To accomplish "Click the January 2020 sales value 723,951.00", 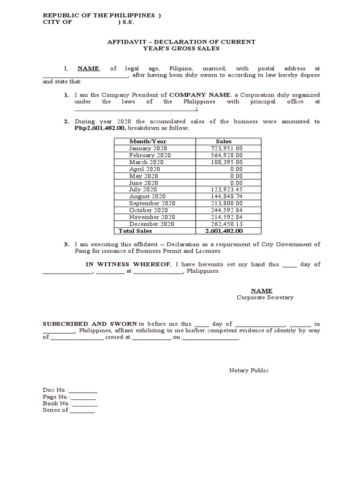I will pyautogui.click(x=226, y=148).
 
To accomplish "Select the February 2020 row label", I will pyautogui.click(x=149, y=155).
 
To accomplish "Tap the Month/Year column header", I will pyautogui.click(x=147, y=141).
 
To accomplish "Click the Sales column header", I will pyautogui.click(x=224, y=141).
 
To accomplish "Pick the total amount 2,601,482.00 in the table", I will pyautogui.click(x=224, y=231).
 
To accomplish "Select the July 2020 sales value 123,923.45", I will pyautogui.click(x=226, y=190).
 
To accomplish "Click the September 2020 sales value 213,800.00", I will pyautogui.click(x=226, y=203).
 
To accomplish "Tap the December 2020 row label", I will pyautogui.click(x=151, y=224).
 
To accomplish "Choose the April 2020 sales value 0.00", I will pyautogui.click(x=236, y=169).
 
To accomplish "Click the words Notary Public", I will pyautogui.click(x=249, y=371).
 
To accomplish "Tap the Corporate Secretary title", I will pyautogui.click(x=265, y=298).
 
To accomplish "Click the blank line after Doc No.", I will pyautogui.click(x=83, y=390).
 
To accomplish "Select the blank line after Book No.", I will pyautogui.click(x=84, y=404).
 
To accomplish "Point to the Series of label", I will pyautogui.click(x=55, y=410).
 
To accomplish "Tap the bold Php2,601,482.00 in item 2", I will pyautogui.click(x=100, y=128).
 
